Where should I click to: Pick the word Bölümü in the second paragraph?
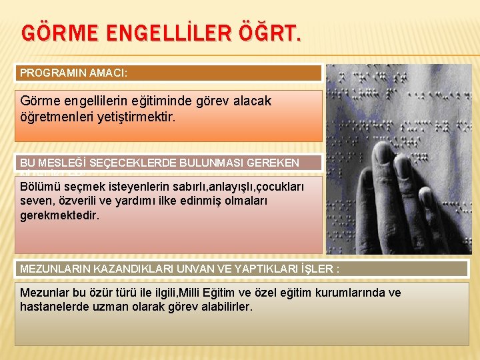pyautogui.click(x=38, y=186)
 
